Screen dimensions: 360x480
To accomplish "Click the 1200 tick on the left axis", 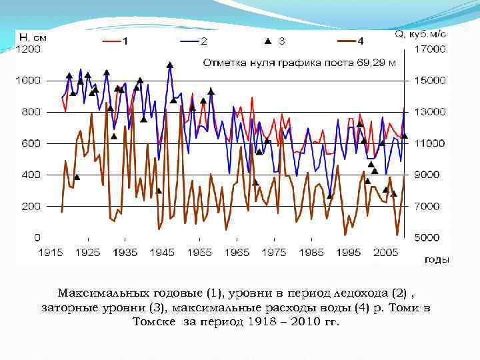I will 28,49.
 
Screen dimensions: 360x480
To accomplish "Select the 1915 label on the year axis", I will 51,252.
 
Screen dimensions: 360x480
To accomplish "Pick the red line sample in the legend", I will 110,41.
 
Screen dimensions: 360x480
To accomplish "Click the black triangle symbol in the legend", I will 267,41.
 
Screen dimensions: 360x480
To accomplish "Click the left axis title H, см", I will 33,37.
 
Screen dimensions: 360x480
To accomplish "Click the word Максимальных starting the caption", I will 96,293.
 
